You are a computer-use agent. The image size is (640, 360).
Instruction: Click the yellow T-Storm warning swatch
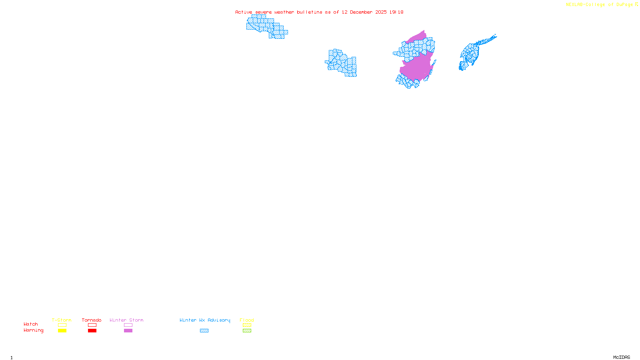(x=62, y=331)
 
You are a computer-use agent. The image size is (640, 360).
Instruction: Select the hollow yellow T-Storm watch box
(x=62, y=325)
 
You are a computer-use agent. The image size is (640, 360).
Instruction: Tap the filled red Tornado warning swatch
(x=92, y=331)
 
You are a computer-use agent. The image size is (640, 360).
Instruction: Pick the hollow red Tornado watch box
(x=92, y=325)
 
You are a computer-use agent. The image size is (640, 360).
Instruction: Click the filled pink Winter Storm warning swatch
(x=128, y=331)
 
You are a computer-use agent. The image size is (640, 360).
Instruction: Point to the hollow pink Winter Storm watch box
(x=128, y=325)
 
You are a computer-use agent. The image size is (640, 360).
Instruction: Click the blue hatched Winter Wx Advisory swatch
(x=204, y=331)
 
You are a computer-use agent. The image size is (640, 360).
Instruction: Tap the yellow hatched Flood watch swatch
(x=247, y=325)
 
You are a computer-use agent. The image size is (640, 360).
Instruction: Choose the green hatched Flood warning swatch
(x=247, y=331)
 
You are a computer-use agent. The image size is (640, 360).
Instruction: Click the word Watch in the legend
(x=31, y=324)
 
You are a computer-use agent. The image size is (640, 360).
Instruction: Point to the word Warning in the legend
(x=33, y=330)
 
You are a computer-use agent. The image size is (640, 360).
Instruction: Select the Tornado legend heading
(x=92, y=320)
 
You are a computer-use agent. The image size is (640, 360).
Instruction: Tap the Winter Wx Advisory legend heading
(x=205, y=320)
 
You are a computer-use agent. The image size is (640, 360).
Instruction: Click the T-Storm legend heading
(x=62, y=320)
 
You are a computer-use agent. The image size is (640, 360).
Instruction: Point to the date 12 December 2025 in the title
(x=364, y=12)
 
